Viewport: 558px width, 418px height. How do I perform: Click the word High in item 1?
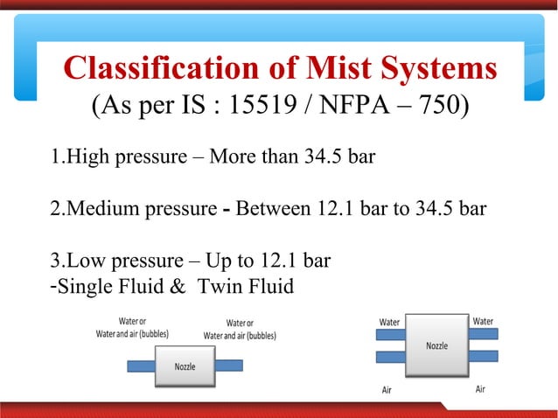click(86, 158)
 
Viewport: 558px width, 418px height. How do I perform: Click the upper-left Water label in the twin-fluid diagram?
click(389, 322)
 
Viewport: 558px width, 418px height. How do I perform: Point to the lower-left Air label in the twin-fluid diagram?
click(387, 390)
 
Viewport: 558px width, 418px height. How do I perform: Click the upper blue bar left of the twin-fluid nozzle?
click(390, 335)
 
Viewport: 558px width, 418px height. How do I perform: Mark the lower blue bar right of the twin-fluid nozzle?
click(483, 357)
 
